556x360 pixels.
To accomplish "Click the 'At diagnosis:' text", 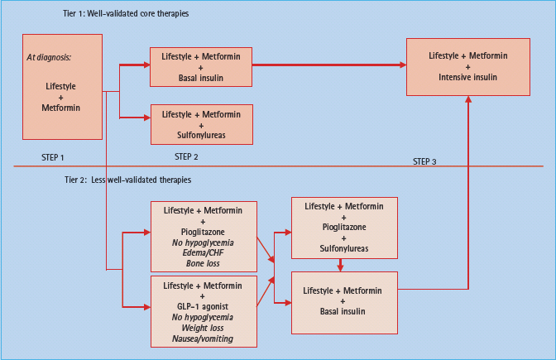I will click(49, 57).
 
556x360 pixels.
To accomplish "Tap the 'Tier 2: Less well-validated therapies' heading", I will click(127, 180).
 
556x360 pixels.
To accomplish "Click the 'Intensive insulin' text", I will click(467, 78).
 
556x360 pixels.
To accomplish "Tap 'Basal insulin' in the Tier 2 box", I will click(343, 312).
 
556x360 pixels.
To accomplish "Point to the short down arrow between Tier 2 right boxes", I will click(340, 265).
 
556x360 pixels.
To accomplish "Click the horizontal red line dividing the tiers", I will click(278, 166).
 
